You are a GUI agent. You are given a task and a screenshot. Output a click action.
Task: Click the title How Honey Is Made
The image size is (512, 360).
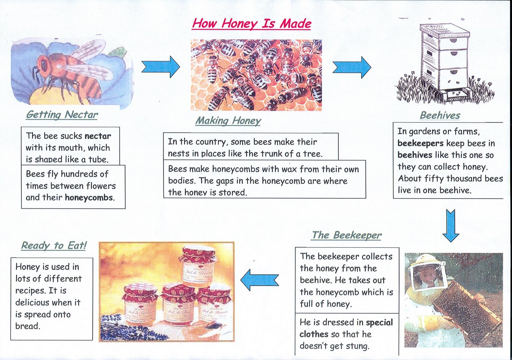251,23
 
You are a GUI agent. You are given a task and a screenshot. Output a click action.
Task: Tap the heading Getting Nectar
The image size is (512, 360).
62,115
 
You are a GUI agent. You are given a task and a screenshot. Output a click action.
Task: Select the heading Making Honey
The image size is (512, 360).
228,121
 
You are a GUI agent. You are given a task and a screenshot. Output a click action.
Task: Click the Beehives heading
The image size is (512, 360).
440,115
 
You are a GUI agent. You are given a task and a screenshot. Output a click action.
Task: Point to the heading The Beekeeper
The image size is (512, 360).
347,235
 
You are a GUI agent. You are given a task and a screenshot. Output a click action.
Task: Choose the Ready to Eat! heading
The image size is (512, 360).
54,245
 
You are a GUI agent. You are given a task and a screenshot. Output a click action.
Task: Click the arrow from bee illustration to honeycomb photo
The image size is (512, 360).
161,67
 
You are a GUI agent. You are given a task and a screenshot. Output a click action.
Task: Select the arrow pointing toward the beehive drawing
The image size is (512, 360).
352,67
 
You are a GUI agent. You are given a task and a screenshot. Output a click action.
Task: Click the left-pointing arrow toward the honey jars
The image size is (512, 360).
259,280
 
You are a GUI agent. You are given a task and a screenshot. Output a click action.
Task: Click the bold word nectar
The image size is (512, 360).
98,136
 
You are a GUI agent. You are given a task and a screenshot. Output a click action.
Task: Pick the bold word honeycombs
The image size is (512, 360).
89,197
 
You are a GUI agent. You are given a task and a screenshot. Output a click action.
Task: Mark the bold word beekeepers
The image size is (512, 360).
420,143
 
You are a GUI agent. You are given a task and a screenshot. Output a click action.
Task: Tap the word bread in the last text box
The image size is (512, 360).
28,326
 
